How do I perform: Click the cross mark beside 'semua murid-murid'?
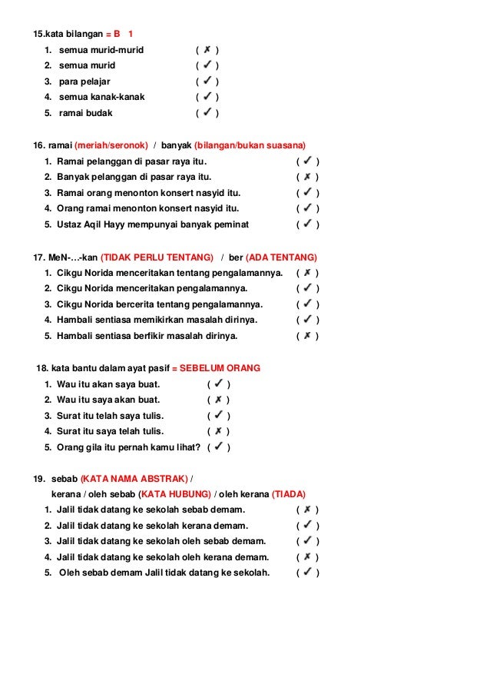pyautogui.click(x=207, y=50)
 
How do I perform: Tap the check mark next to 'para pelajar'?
pyautogui.click(x=207, y=81)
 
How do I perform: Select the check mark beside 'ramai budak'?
pyautogui.click(x=207, y=113)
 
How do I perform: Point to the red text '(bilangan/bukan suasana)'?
pyautogui.click(x=250, y=145)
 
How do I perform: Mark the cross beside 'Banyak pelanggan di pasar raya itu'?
pyautogui.click(x=307, y=177)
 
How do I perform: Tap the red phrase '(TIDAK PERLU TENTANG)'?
pyautogui.click(x=157, y=257)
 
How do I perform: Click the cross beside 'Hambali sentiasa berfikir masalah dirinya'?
pyautogui.click(x=307, y=336)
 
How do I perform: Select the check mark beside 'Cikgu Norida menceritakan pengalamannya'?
pyautogui.click(x=307, y=288)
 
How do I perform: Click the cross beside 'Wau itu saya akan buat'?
pyautogui.click(x=218, y=400)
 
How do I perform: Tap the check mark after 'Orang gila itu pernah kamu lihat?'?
pyautogui.click(x=219, y=447)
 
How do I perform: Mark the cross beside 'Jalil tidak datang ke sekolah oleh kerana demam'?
pyautogui.click(x=307, y=557)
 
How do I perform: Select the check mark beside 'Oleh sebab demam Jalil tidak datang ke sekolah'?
pyautogui.click(x=307, y=573)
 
